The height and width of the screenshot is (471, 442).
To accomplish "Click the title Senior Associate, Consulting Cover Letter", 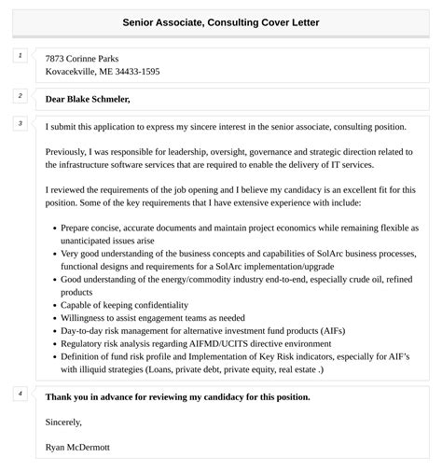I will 220,21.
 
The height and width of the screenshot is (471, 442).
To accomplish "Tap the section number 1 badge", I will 20,57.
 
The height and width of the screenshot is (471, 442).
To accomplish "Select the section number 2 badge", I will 20,96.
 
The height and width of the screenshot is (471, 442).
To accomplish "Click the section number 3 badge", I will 20,124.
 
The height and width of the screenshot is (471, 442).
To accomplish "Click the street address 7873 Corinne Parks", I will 82,58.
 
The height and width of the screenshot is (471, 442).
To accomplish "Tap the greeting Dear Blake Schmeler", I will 88,99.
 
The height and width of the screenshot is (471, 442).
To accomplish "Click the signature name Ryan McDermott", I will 77,448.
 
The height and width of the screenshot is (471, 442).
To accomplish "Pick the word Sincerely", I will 63,423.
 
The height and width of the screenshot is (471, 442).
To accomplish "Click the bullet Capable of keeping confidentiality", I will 124,305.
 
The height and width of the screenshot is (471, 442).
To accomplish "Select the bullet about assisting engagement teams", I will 153,318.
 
